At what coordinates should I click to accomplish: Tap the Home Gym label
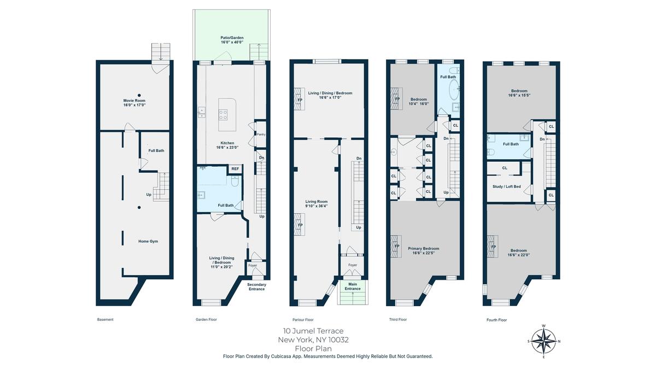(148, 241)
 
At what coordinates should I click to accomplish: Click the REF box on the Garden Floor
(235, 169)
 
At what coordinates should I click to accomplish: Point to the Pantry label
(261, 134)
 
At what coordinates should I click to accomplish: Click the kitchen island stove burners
(223, 114)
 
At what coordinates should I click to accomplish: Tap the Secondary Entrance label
(257, 286)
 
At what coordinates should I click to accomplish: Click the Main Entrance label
(353, 286)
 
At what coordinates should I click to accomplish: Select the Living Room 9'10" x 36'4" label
(317, 204)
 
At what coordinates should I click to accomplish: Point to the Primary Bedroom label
(424, 251)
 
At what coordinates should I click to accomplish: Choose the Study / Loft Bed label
(507, 186)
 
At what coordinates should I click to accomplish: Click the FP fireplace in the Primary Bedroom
(396, 247)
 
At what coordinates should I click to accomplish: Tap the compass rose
(544, 341)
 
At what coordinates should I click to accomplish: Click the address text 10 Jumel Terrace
(313, 331)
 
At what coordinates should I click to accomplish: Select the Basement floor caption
(106, 319)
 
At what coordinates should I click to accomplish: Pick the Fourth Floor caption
(497, 320)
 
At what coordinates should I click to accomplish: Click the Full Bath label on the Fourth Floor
(511, 144)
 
